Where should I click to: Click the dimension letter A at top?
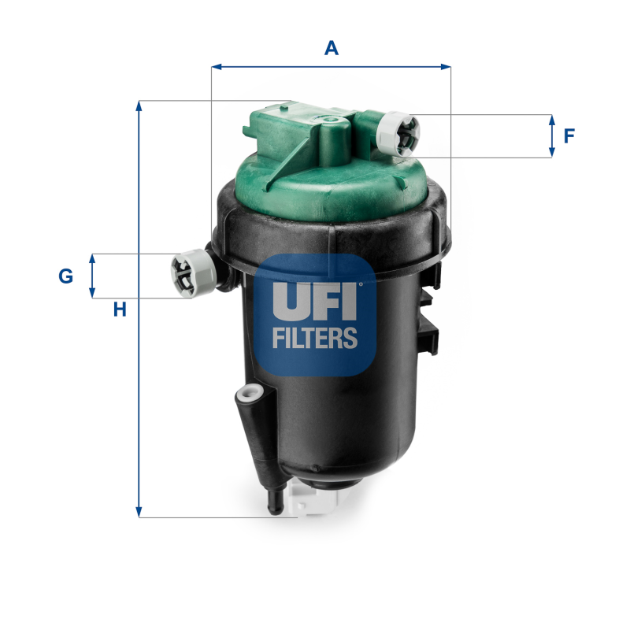[332, 48]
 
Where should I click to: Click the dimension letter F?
[569, 136]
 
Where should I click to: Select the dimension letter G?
[66, 276]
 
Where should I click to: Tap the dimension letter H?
[119, 309]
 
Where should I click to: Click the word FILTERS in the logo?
[315, 339]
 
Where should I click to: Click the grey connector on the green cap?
[398, 132]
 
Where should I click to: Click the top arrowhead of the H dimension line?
[139, 106]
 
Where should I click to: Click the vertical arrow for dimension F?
[551, 136]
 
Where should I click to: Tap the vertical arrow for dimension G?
[92, 276]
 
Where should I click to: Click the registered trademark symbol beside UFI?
[361, 284]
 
